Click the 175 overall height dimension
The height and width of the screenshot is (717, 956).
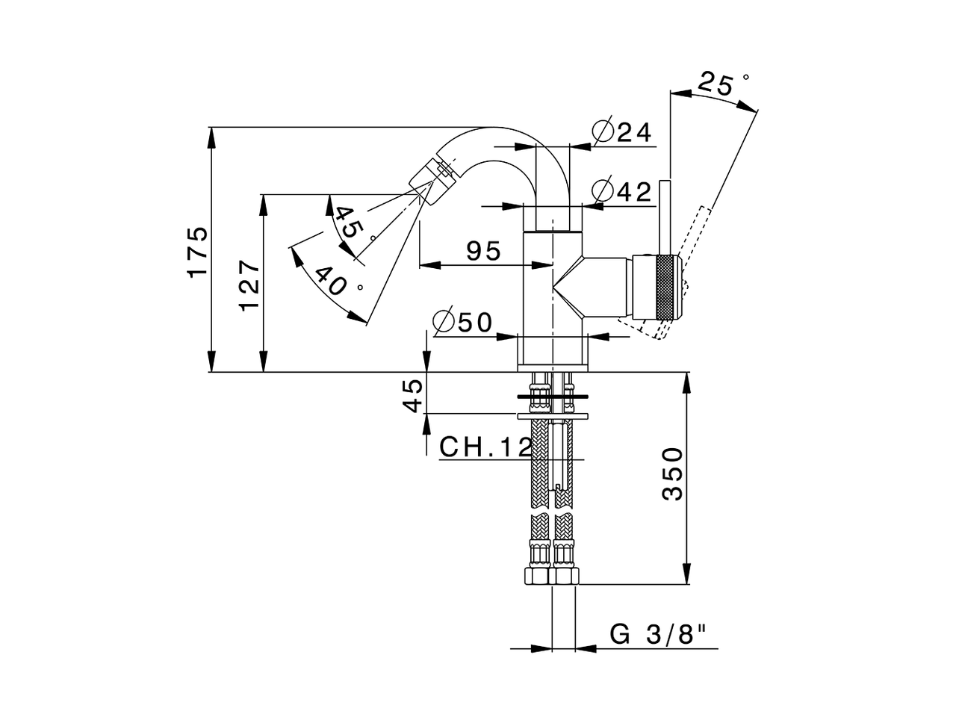(197, 252)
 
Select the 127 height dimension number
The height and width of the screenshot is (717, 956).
(249, 285)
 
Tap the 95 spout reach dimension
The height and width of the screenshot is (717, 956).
(483, 251)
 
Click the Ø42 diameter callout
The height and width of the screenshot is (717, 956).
(622, 190)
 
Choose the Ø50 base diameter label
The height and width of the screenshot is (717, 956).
(463, 323)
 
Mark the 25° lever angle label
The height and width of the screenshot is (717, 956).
(722, 84)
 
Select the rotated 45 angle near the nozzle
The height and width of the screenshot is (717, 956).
(349, 222)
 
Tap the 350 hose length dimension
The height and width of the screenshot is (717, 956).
(672, 474)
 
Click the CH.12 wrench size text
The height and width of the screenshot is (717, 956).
(485, 447)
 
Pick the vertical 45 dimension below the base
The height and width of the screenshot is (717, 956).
(412, 395)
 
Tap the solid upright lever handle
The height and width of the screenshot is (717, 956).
(665, 217)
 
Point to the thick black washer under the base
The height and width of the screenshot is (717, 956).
(552, 397)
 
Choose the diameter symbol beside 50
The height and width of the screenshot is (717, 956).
(444, 323)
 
